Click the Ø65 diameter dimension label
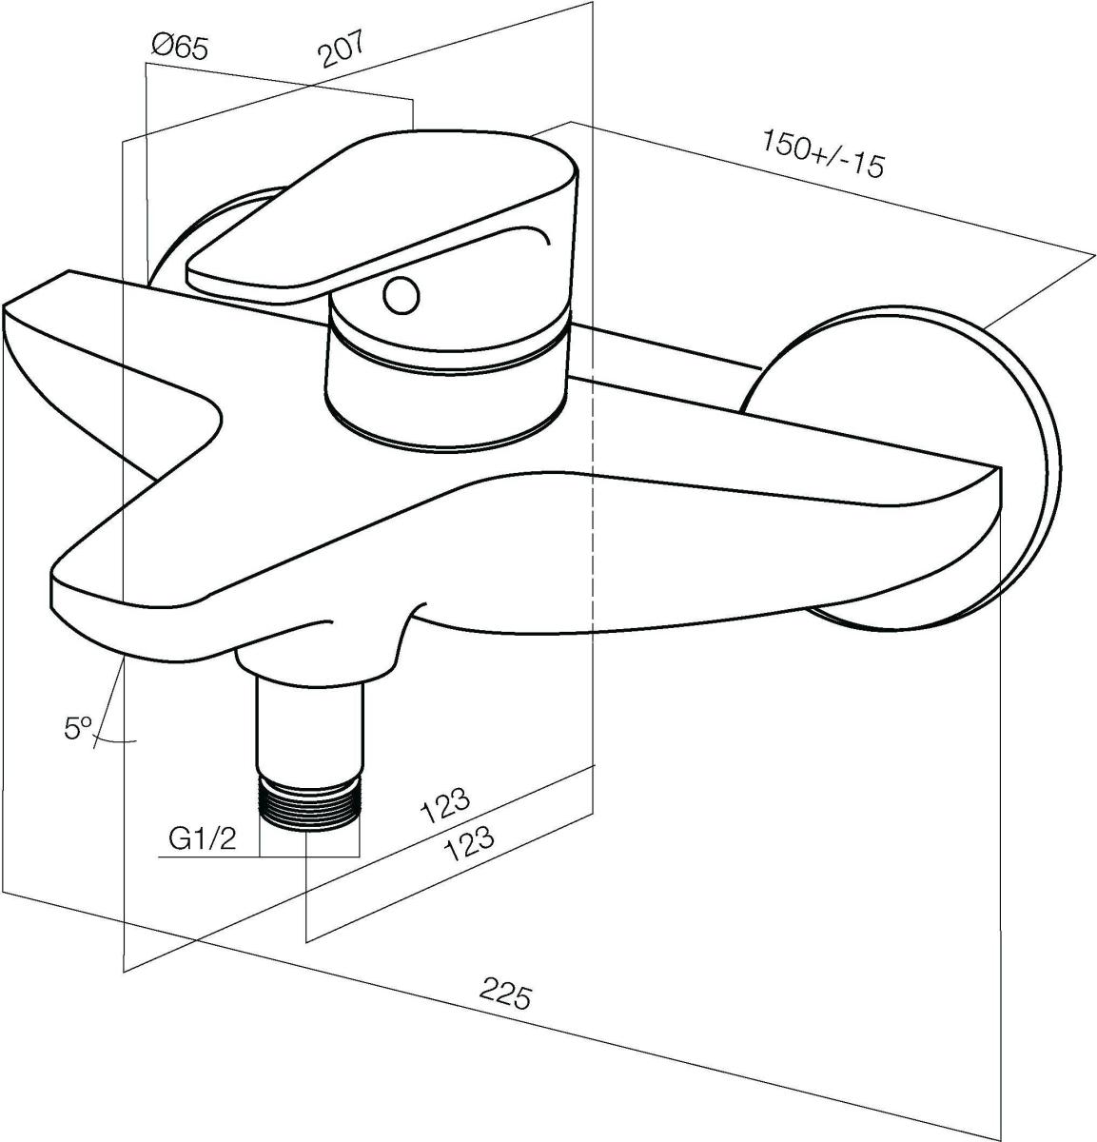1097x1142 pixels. [x=180, y=46]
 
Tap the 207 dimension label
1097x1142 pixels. [x=341, y=49]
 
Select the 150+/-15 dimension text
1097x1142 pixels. [x=822, y=154]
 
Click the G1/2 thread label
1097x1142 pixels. [x=203, y=839]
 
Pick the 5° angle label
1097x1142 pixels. [x=77, y=728]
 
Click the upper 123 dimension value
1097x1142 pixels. [x=445, y=806]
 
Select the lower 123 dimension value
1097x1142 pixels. [x=469, y=843]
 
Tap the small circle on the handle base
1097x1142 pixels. [x=402, y=295]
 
